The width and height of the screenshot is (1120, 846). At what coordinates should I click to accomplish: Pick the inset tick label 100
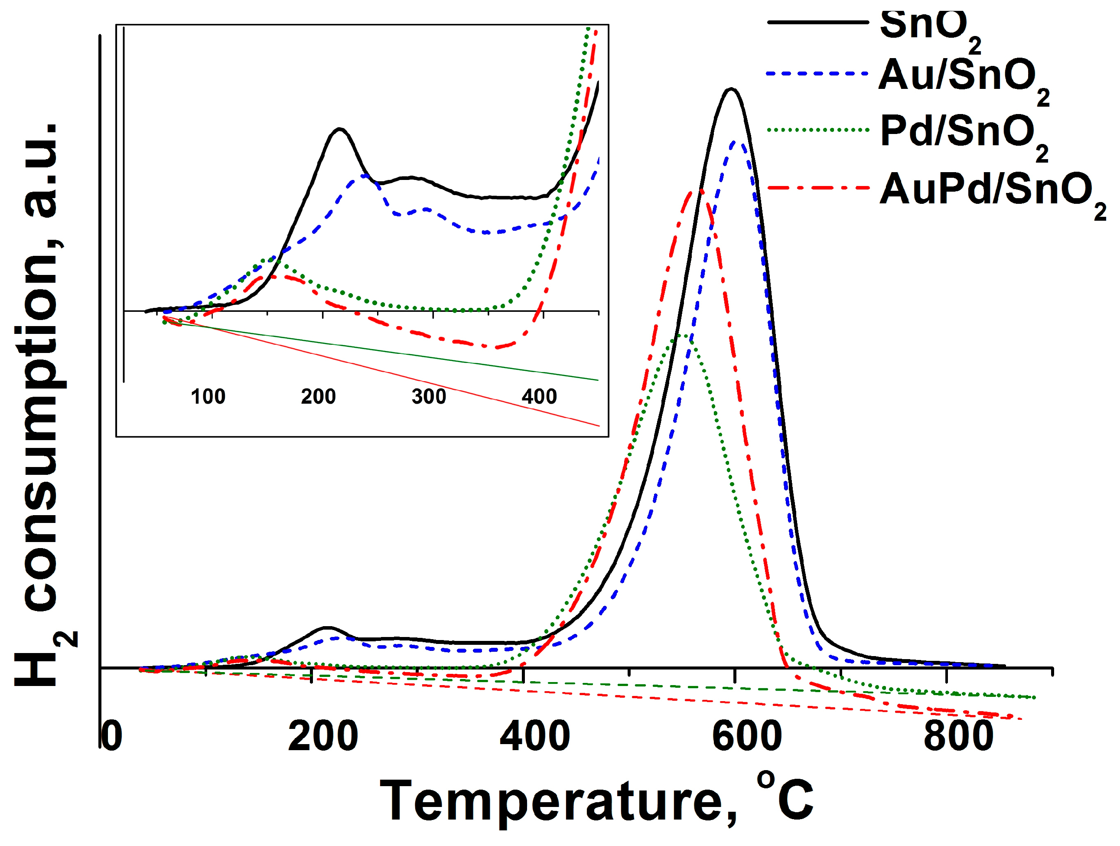[x=208, y=397]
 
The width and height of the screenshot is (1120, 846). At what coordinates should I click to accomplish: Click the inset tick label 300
[x=428, y=397]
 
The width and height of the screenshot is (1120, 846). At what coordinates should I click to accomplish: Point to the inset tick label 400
[x=539, y=397]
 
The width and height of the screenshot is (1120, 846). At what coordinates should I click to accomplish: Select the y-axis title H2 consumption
[x=43, y=405]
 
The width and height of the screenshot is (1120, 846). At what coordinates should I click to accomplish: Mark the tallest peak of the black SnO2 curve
[x=731, y=89]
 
